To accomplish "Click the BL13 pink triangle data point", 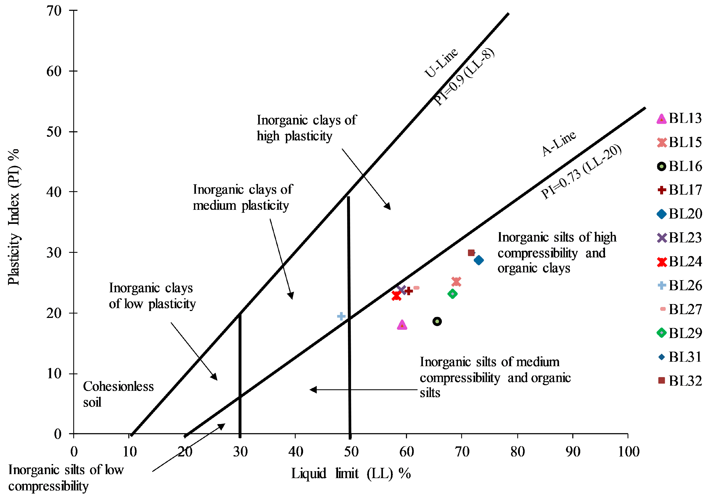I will pos(402,325).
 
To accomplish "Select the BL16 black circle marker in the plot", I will pos(437,321).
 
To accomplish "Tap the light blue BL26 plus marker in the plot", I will pos(341,316).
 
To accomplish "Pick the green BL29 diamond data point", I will pos(452,294).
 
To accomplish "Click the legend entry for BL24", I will pos(679,262).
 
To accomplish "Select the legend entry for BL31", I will pos(679,357).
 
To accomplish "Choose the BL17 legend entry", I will pos(679,190).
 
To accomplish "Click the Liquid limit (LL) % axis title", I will pos(351,474).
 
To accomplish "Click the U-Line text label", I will pos(441,63).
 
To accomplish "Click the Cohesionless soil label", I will pos(118,394).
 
